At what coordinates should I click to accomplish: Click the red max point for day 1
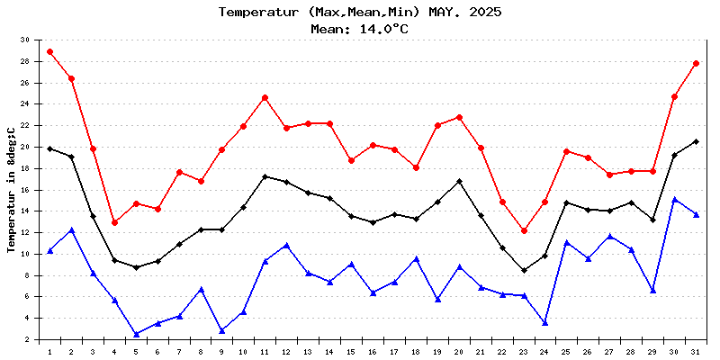pos(49,51)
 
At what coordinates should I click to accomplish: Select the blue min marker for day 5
pos(136,334)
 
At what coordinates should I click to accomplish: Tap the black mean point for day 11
pos(265,176)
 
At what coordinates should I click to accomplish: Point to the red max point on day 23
pos(524,230)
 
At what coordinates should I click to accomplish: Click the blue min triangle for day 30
pos(674,199)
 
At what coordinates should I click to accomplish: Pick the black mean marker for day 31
pos(696,141)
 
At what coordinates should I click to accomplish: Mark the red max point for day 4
pos(114,222)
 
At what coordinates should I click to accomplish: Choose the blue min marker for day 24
pos(545,322)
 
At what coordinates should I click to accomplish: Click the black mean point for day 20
pos(459,181)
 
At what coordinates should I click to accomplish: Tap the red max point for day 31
pos(696,63)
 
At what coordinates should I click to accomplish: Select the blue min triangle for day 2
pos(71,229)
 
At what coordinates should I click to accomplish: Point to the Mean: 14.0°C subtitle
pos(360,28)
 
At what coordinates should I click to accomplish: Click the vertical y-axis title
pos(12,189)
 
